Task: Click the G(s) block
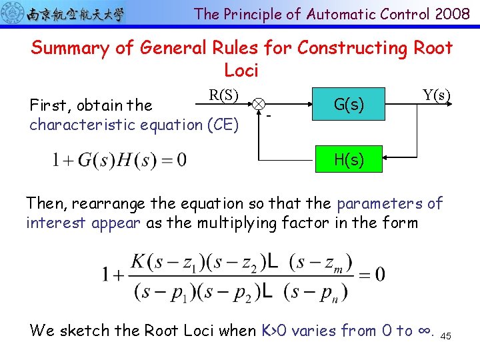[x=349, y=104]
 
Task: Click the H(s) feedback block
[x=349, y=160]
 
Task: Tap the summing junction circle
[x=258, y=104]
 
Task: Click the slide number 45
[x=446, y=337]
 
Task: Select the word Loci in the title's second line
[x=241, y=70]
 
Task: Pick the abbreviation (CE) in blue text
[x=222, y=125]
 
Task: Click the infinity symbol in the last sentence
[x=425, y=331]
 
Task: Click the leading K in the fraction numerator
[x=137, y=261]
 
